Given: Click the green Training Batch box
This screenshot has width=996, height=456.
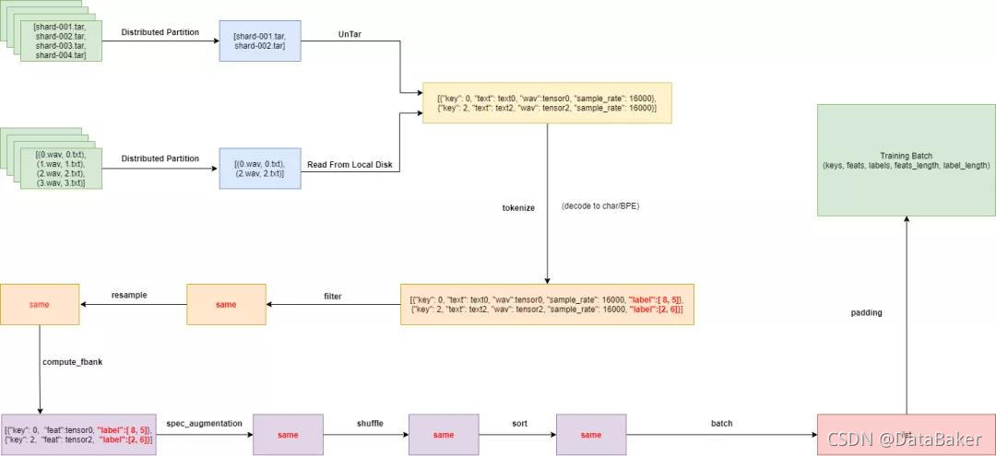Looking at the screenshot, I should [906, 161].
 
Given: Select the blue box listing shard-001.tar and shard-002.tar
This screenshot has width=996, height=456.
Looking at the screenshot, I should [259, 41].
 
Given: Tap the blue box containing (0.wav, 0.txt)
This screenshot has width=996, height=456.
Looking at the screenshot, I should [259, 169].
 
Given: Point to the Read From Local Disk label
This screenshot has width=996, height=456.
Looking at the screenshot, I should [350, 165].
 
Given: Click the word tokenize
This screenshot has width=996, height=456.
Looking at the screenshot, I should [518, 208].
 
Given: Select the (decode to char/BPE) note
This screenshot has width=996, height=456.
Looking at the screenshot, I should [599, 206].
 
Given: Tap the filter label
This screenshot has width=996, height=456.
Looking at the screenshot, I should [333, 296].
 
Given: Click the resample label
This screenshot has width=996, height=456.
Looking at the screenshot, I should [129, 295].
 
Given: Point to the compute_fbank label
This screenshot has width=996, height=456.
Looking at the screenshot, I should [72, 362].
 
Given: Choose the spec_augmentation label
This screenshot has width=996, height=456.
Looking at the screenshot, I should [204, 423].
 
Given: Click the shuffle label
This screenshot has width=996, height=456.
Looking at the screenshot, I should [370, 423].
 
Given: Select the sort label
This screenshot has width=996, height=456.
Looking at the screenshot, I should [519, 423].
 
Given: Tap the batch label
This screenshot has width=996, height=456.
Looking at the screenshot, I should [722, 423].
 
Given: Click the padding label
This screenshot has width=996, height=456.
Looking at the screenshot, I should [866, 313].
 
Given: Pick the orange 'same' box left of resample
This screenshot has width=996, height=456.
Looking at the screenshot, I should [39, 304].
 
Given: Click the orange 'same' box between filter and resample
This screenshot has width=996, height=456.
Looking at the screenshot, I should [226, 304].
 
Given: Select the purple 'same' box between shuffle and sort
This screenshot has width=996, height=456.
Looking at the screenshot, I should [444, 435].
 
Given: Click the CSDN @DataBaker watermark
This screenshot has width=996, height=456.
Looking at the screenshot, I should [905, 438].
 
